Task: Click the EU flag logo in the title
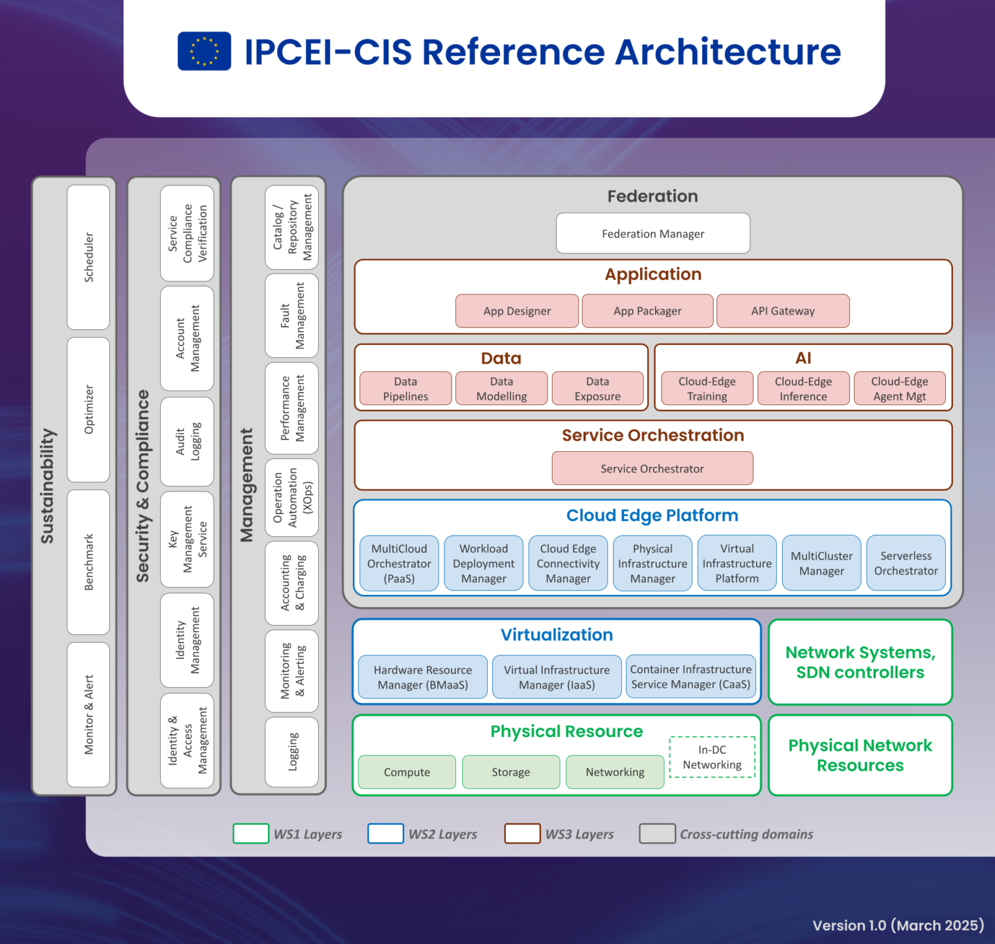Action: pyautogui.click(x=204, y=51)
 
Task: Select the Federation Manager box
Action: pyautogui.click(x=653, y=233)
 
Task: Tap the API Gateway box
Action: pyautogui.click(x=783, y=311)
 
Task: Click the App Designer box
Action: pyautogui.click(x=517, y=311)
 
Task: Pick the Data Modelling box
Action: pyautogui.click(x=501, y=388)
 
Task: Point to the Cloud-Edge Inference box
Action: pyautogui.click(x=803, y=388)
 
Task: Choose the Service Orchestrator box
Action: pyautogui.click(x=652, y=468)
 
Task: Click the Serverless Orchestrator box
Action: pyautogui.click(x=906, y=563)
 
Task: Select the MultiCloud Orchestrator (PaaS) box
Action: pyautogui.click(x=399, y=563)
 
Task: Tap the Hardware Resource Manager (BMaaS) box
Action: pyautogui.click(x=422, y=677)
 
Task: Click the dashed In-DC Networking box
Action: pyautogui.click(x=712, y=757)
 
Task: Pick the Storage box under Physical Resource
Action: pyautogui.click(x=510, y=772)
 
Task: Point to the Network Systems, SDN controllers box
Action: pyautogui.click(x=860, y=662)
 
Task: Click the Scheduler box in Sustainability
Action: pyautogui.click(x=89, y=257)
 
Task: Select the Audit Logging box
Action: pyautogui.click(x=187, y=442)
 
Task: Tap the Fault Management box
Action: pyautogui.click(x=292, y=316)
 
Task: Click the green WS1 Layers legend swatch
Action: pyautogui.click(x=251, y=833)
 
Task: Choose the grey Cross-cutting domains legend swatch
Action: pyautogui.click(x=657, y=833)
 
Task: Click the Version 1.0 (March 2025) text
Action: pyautogui.click(x=898, y=925)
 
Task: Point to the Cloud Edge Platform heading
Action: pyautogui.click(x=652, y=515)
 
